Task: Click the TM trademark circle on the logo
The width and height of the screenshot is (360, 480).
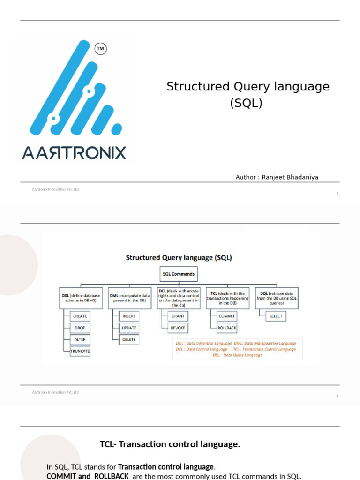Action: pos(100,48)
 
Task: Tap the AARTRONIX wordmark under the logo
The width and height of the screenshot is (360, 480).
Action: pos(74,153)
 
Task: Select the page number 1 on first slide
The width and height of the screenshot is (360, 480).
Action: pos(337,194)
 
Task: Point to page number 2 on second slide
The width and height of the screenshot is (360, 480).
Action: pos(337,397)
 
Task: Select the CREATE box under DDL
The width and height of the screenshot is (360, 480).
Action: pos(80,316)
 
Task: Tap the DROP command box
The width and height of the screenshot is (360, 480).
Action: pos(80,328)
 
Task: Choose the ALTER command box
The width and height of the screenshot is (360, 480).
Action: pos(80,339)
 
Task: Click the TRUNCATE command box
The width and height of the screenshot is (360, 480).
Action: pos(80,351)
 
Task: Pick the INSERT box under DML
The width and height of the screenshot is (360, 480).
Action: pos(128,316)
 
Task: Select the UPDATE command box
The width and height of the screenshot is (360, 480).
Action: pos(128,328)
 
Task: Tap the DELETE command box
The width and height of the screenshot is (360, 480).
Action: pos(128,339)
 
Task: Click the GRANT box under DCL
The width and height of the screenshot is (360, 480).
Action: pos(178,316)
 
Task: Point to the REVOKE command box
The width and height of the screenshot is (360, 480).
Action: pos(178,328)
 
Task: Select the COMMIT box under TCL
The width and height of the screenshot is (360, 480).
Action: pos(227,316)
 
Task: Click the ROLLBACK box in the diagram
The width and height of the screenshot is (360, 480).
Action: pos(227,328)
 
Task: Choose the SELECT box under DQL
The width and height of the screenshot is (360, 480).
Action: pos(276,316)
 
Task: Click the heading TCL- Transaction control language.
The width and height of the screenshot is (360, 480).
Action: pos(170,444)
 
